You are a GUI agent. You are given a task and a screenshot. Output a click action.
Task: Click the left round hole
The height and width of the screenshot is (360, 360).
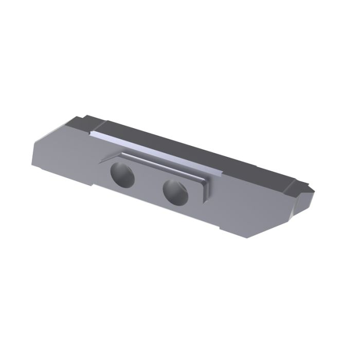click(122, 175)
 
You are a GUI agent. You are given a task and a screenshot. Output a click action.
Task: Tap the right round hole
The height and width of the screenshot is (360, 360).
click(175, 191)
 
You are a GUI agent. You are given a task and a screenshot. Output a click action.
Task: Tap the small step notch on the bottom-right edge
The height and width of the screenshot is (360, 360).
click(220, 227)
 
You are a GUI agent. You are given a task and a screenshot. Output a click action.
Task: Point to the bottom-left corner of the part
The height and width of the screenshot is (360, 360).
click(32, 165)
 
